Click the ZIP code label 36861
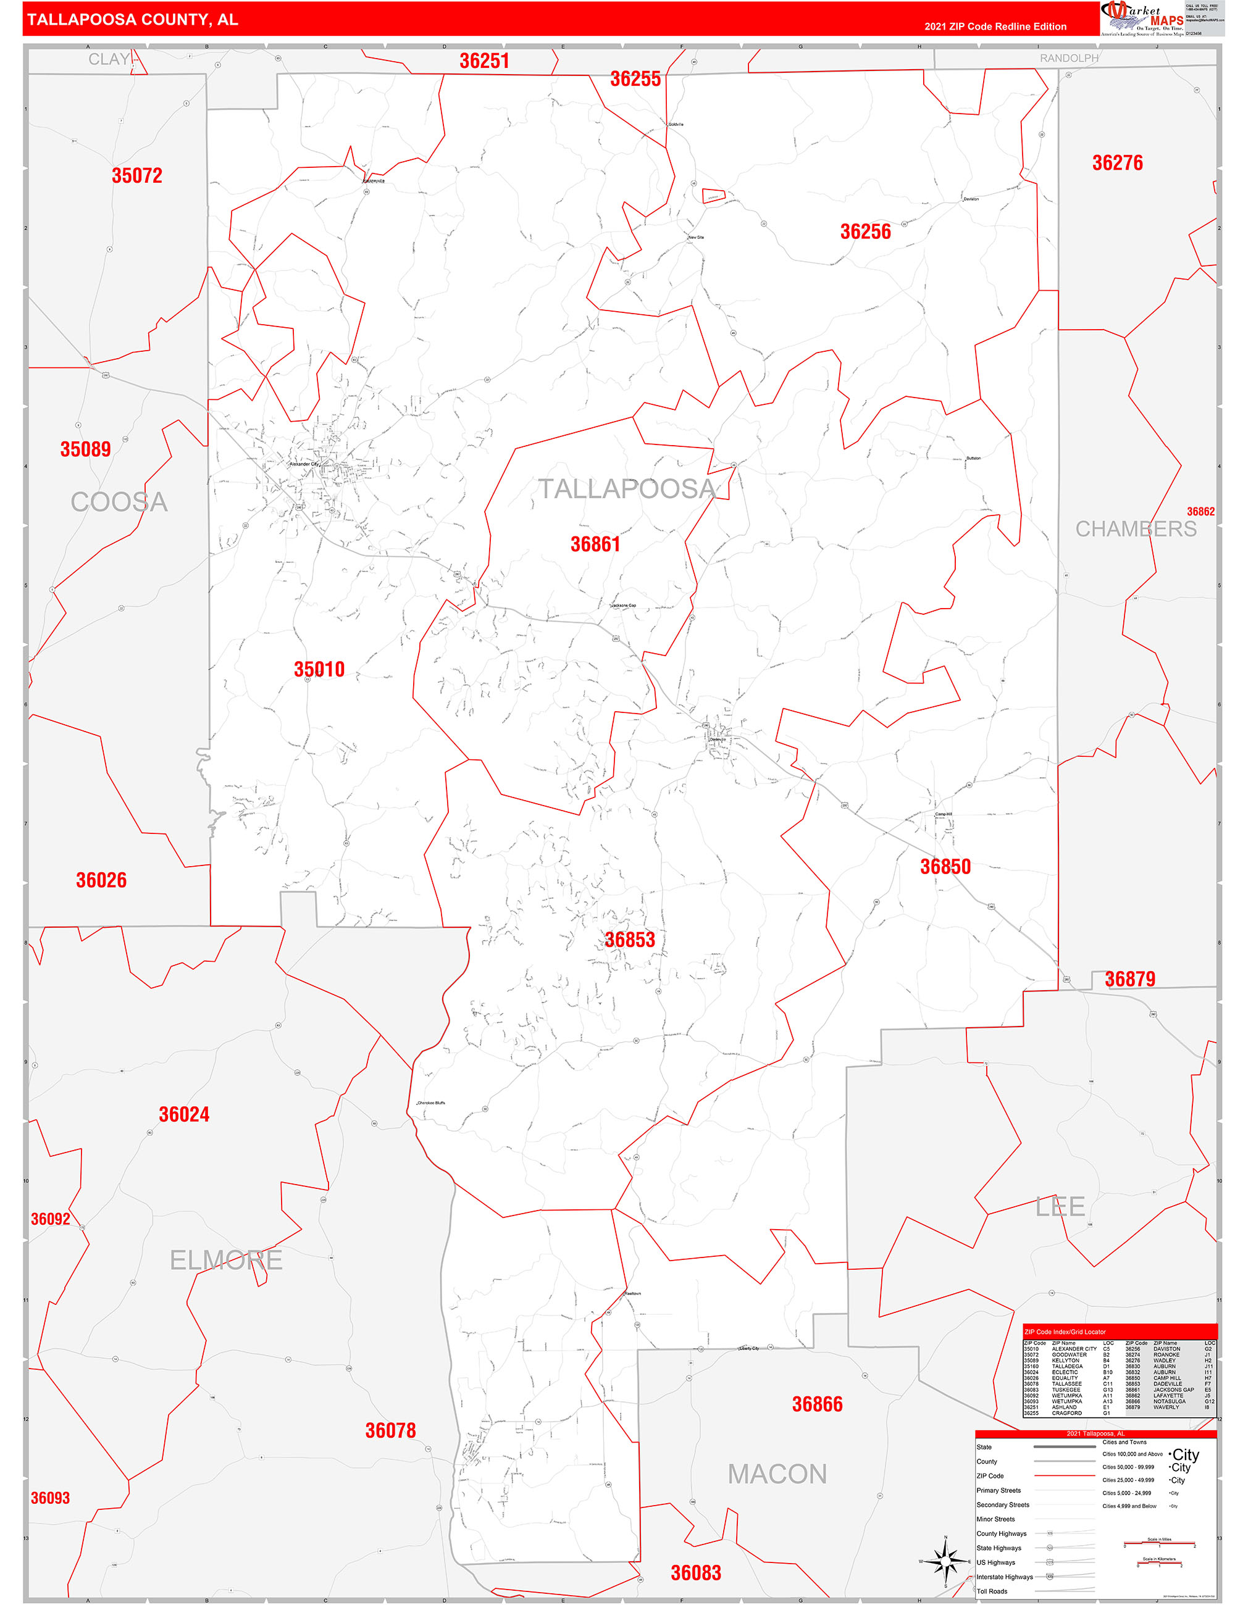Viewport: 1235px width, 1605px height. tap(595, 544)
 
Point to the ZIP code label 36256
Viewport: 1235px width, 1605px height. tap(865, 231)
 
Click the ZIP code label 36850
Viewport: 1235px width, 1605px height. tap(945, 867)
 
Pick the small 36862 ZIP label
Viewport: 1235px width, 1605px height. tap(1200, 512)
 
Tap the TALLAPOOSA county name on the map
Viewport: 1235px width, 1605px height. tap(627, 489)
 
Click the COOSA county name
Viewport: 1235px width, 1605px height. tap(119, 502)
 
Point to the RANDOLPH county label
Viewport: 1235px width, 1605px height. tap(1069, 58)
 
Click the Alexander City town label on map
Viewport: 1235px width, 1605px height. tap(304, 464)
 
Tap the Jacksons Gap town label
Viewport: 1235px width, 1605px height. tap(624, 606)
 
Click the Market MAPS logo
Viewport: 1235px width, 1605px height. tap(1142, 19)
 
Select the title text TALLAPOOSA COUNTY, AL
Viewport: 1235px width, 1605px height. tap(132, 20)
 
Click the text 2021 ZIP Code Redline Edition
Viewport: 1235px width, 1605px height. tap(995, 27)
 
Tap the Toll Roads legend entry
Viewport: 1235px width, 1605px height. tap(992, 1591)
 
